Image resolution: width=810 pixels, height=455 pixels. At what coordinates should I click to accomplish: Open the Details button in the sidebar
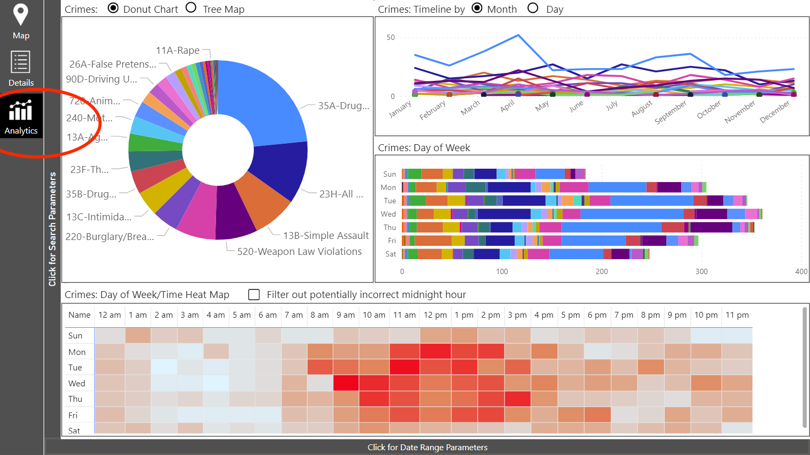[x=21, y=68]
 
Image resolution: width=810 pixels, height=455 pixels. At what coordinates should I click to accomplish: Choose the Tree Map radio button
[x=191, y=8]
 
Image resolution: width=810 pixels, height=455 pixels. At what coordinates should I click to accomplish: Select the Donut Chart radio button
[x=113, y=8]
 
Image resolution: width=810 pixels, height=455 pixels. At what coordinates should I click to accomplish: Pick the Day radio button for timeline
[x=533, y=8]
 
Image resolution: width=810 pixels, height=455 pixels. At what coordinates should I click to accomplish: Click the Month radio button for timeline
[x=477, y=8]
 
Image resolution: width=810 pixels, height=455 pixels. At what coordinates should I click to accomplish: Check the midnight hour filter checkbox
[x=254, y=294]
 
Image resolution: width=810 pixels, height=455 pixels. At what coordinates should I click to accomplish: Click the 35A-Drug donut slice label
[x=343, y=105]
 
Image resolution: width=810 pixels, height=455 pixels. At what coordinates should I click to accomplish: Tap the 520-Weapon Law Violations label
[x=299, y=252]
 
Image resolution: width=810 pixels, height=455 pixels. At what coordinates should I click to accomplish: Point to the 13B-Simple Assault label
[x=326, y=235]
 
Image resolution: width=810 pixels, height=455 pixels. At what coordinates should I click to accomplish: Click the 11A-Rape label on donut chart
[x=178, y=51]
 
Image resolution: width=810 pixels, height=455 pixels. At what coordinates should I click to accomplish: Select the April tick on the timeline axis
[x=507, y=106]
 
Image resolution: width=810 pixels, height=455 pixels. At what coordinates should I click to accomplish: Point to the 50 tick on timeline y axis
[x=391, y=37]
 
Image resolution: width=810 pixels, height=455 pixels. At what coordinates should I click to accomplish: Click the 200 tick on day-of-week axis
[x=601, y=271]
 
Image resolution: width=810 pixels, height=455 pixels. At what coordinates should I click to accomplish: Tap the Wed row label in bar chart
[x=389, y=214]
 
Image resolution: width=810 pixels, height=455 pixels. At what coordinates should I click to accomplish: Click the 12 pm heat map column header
[x=435, y=315]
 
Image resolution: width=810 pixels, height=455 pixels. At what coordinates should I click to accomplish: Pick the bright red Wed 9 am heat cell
[x=346, y=383]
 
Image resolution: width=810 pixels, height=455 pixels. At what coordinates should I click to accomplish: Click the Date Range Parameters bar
[x=427, y=447]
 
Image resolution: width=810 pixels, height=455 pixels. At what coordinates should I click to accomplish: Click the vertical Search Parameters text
[x=52, y=229]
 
